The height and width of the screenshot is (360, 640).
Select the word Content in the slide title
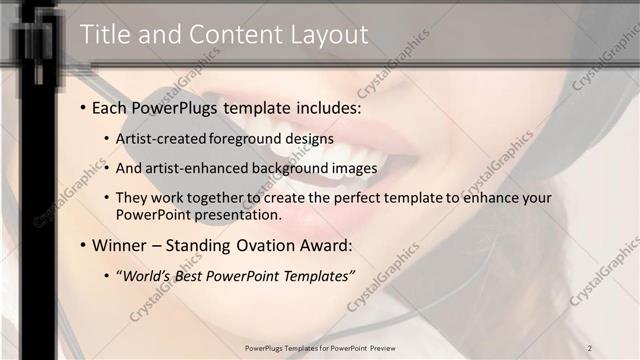225,35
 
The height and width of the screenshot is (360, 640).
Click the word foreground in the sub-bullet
245,138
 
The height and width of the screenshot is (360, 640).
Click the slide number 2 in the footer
590,348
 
